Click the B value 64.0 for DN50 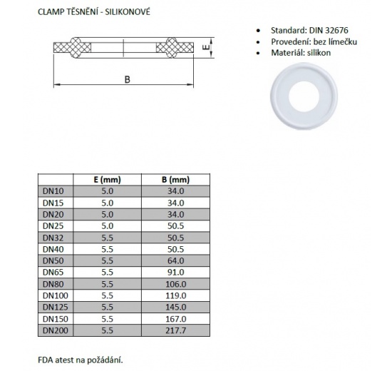175,260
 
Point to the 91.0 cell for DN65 175,272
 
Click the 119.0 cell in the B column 175,295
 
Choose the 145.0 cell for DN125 175,306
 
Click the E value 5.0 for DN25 105,226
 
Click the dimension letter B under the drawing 126,80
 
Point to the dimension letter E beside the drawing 205,48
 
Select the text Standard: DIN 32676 309,31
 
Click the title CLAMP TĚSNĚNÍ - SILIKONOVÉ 95,11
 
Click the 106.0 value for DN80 175,283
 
